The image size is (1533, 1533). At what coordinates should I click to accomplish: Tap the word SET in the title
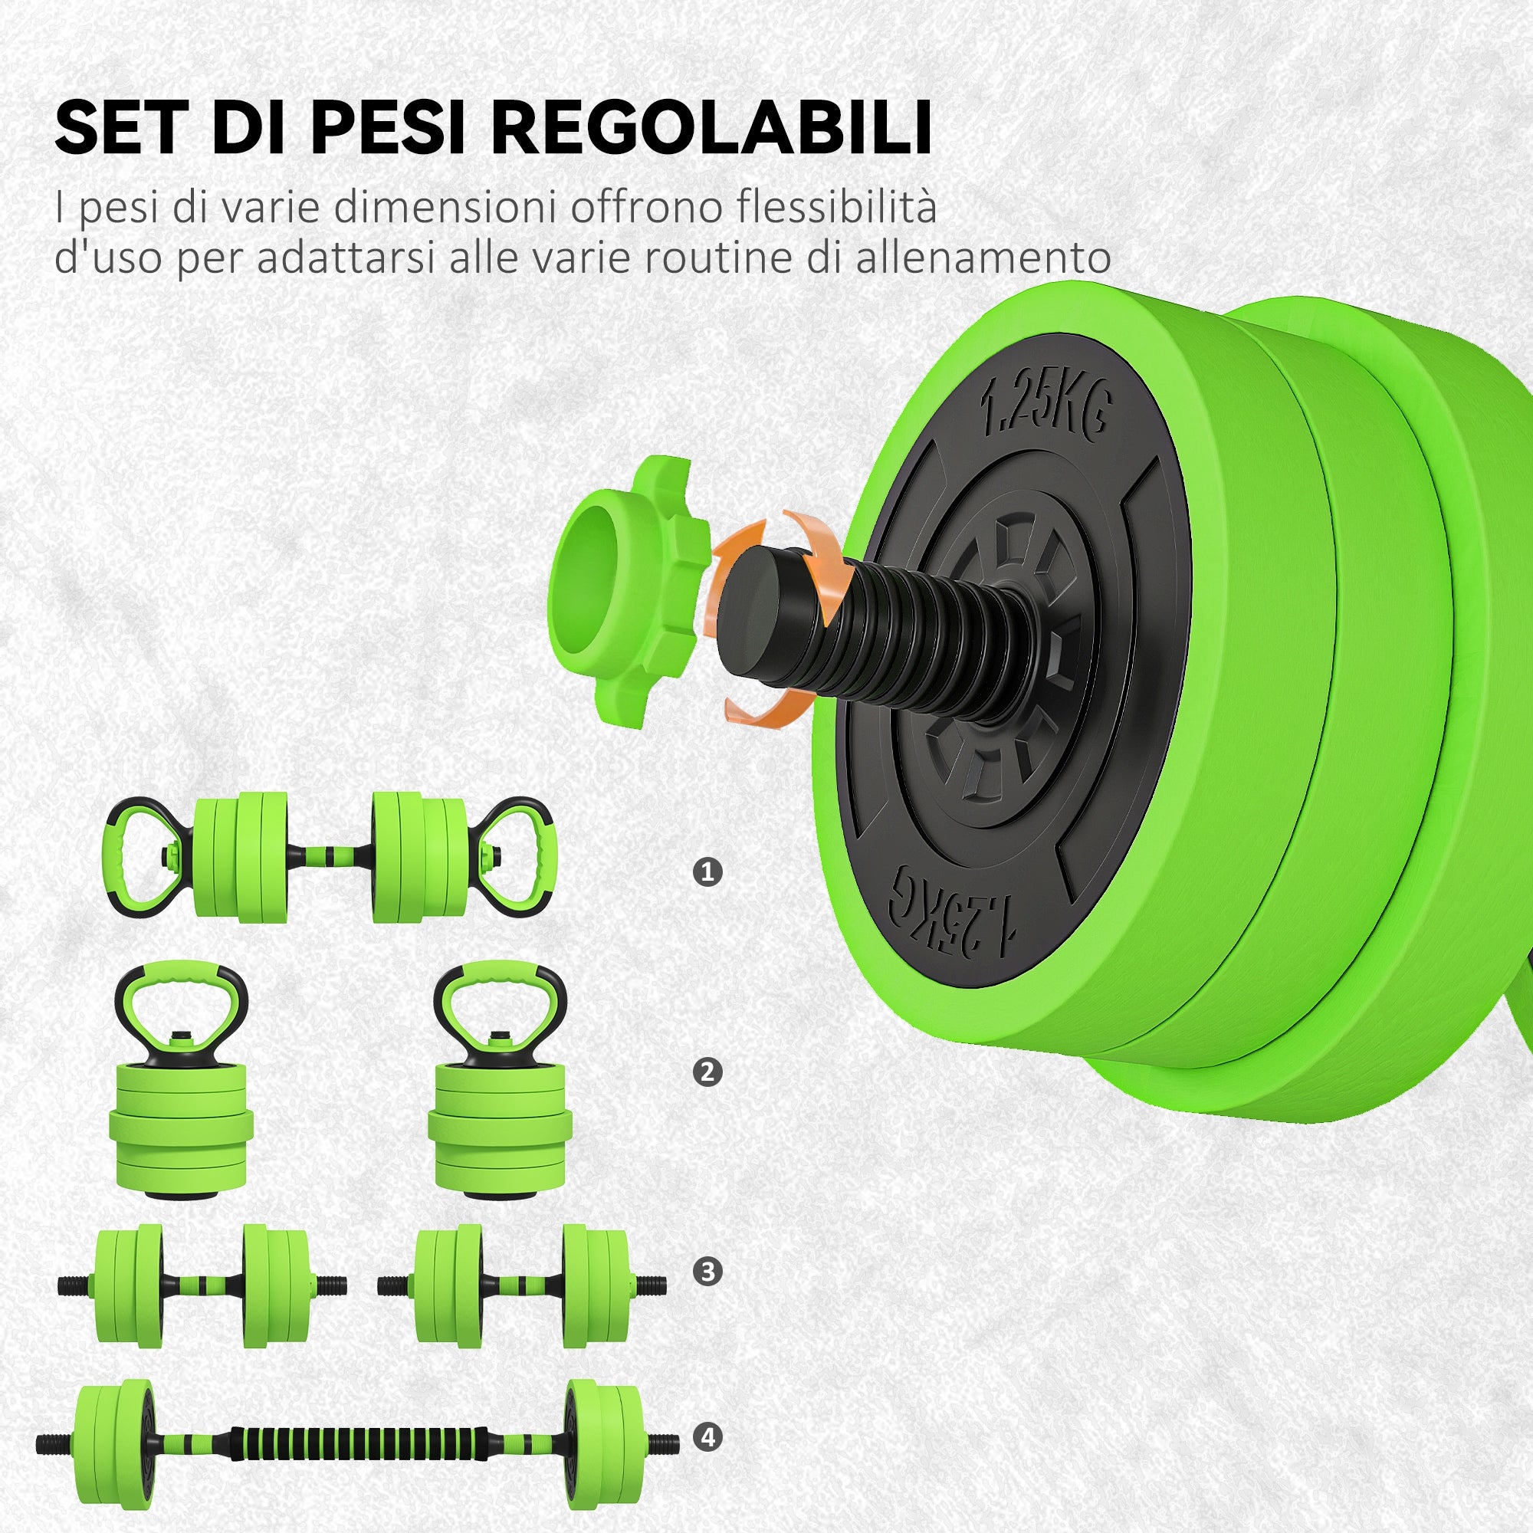(x=116, y=127)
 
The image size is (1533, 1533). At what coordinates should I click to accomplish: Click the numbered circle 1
(x=707, y=873)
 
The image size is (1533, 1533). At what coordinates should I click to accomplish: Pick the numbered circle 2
(x=707, y=1072)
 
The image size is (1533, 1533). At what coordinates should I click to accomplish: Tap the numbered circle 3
(x=707, y=1272)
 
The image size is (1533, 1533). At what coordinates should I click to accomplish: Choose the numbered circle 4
(x=707, y=1437)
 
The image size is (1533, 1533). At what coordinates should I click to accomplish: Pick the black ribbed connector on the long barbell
(x=357, y=1438)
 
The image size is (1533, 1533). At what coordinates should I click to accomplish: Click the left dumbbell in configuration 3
(x=202, y=1285)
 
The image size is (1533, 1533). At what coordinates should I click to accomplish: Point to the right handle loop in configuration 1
(x=520, y=858)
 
